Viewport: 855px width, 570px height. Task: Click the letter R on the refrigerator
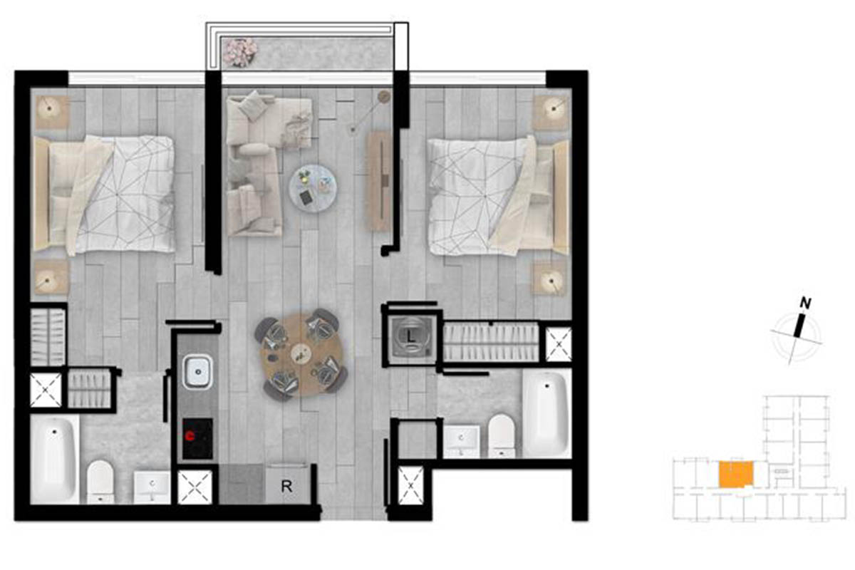(x=286, y=487)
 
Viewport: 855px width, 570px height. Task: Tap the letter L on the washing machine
(x=410, y=337)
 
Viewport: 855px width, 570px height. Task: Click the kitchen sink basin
(x=198, y=371)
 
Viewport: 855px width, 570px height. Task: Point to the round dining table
(x=301, y=355)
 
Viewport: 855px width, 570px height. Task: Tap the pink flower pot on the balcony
(x=240, y=51)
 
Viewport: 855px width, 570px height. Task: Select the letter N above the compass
(x=806, y=304)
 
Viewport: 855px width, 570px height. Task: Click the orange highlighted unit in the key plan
(x=736, y=475)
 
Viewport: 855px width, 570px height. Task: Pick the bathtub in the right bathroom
(x=546, y=414)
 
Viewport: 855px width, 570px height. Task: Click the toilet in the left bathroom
(x=100, y=482)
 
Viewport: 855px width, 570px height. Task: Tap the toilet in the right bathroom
(x=502, y=436)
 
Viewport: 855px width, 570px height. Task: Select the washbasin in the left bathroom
(x=152, y=487)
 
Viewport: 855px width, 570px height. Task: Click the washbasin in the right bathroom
(x=462, y=442)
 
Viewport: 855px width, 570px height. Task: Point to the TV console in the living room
(x=380, y=182)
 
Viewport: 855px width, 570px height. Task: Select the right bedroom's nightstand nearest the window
(x=550, y=113)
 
